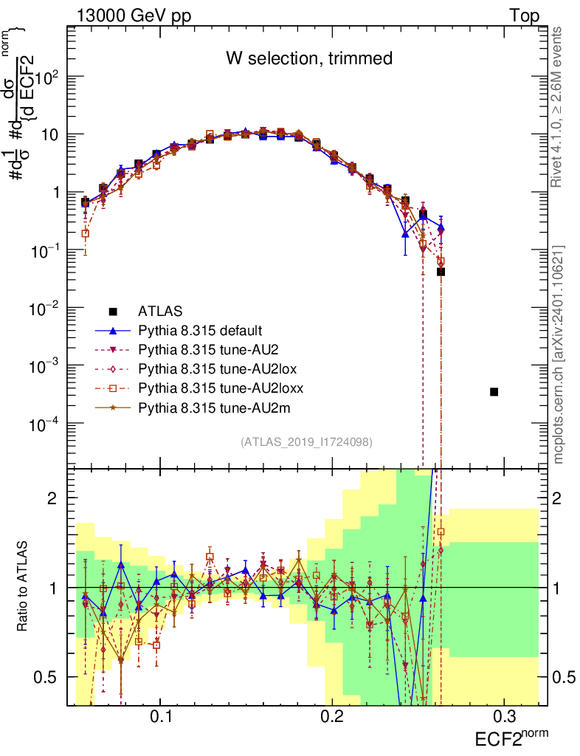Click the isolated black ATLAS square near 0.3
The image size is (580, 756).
(494, 391)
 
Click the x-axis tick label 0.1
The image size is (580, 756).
(161, 717)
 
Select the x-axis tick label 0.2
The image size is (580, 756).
(333, 717)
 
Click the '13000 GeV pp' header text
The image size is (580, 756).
(123, 16)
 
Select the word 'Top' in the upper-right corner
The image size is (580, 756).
(524, 16)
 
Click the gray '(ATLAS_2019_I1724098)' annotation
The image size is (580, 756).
(306, 442)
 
